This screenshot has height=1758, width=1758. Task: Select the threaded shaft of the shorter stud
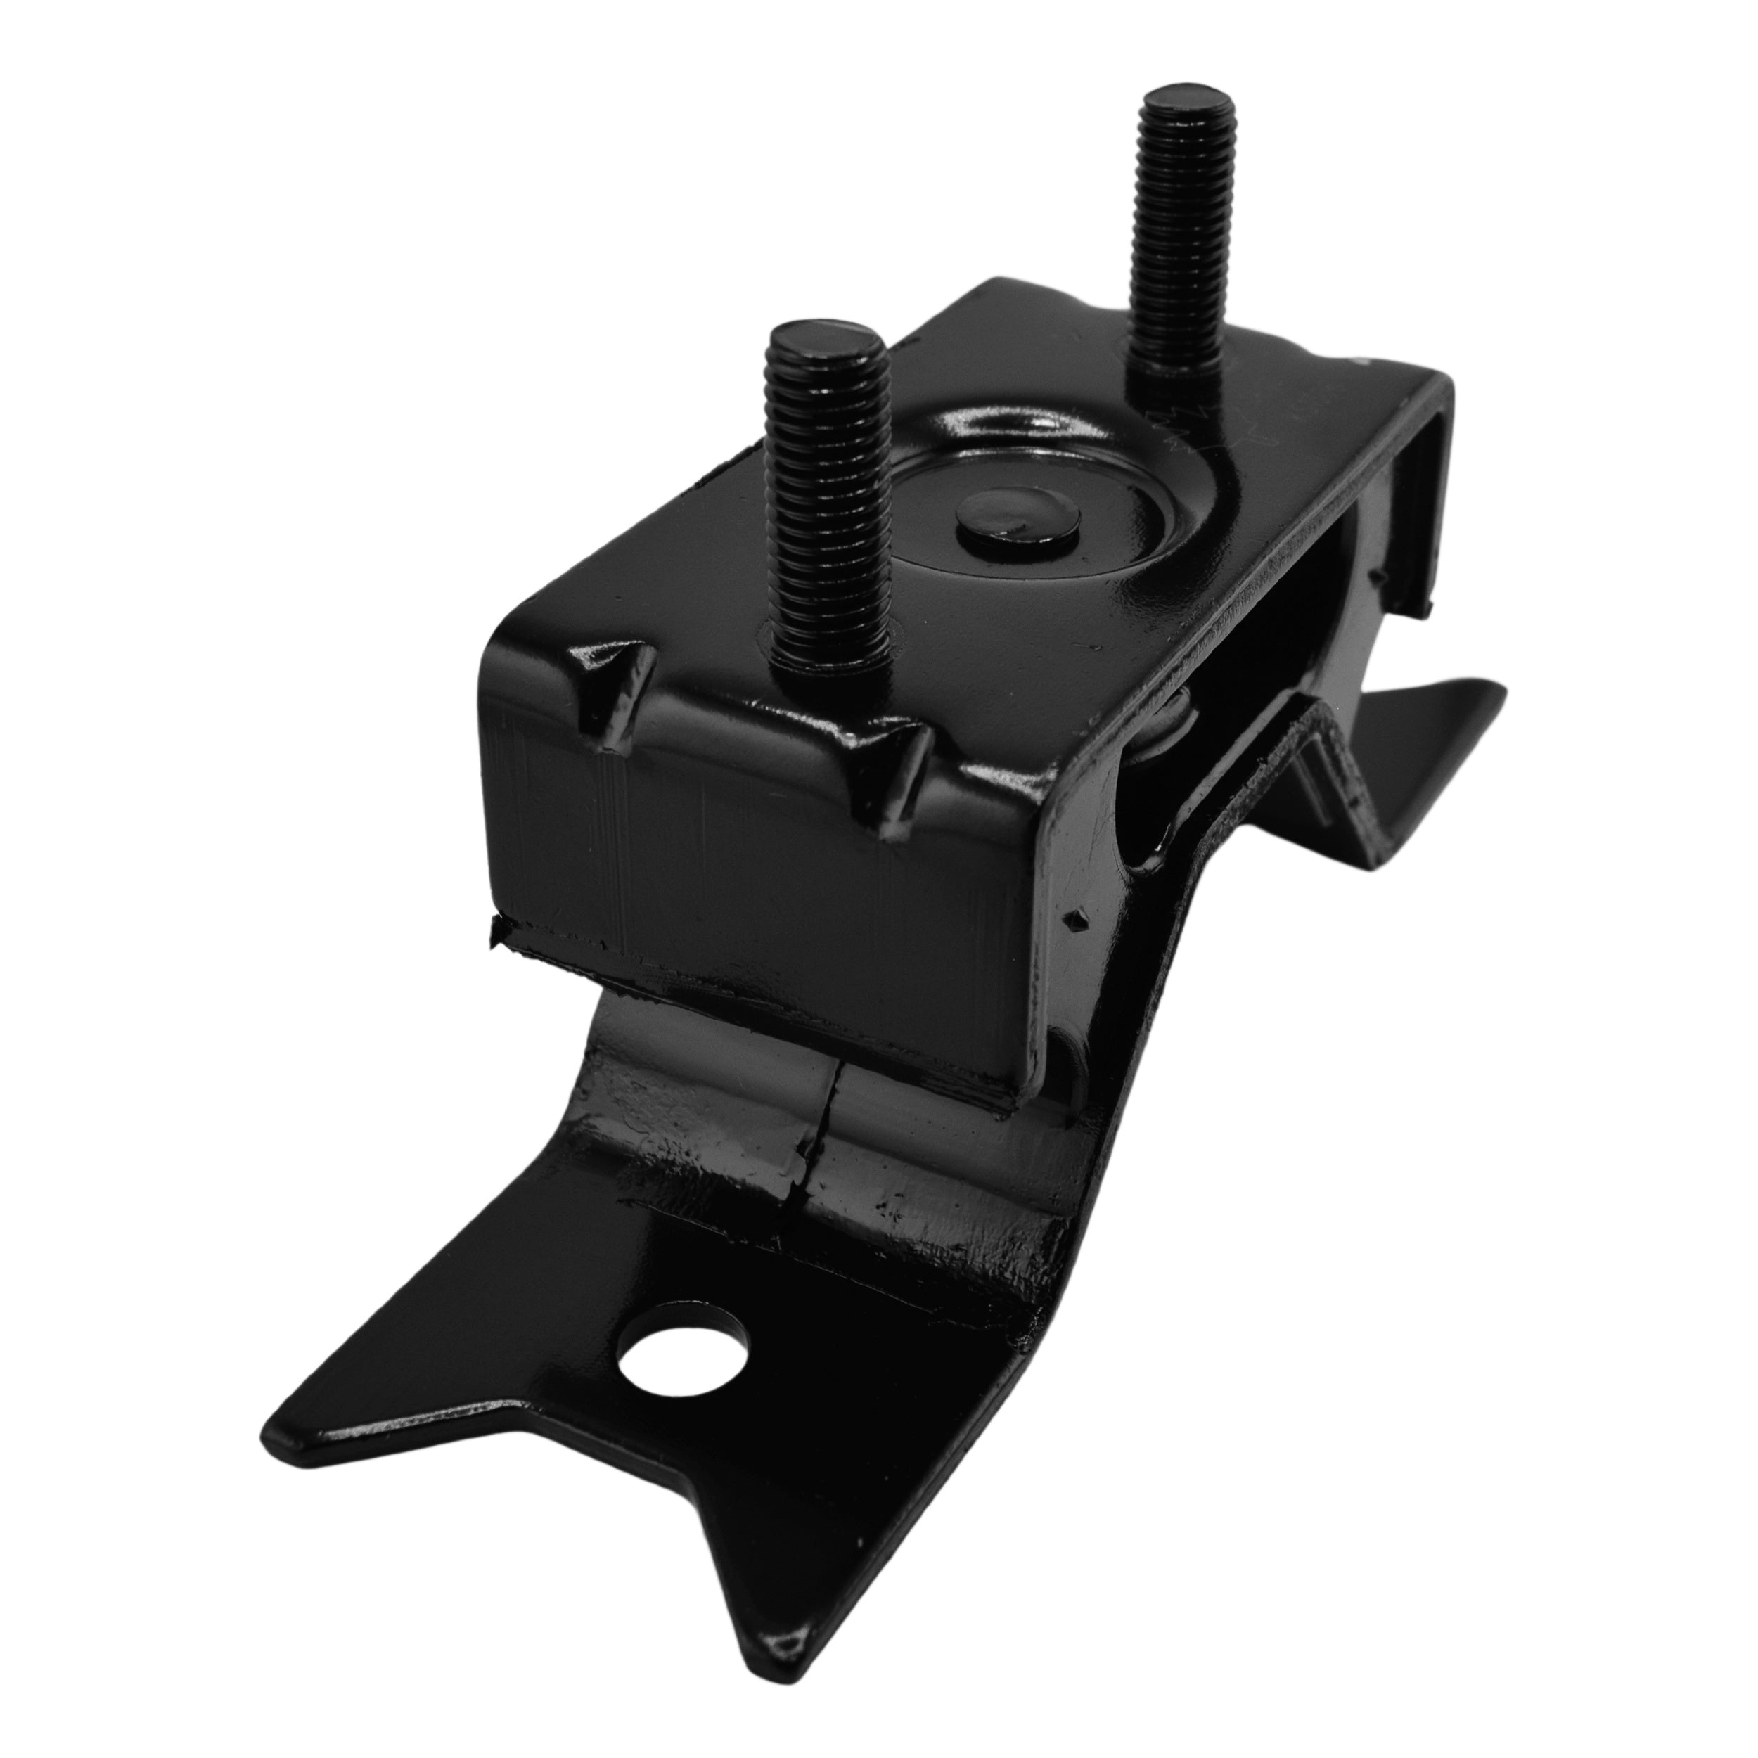pos(826,492)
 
